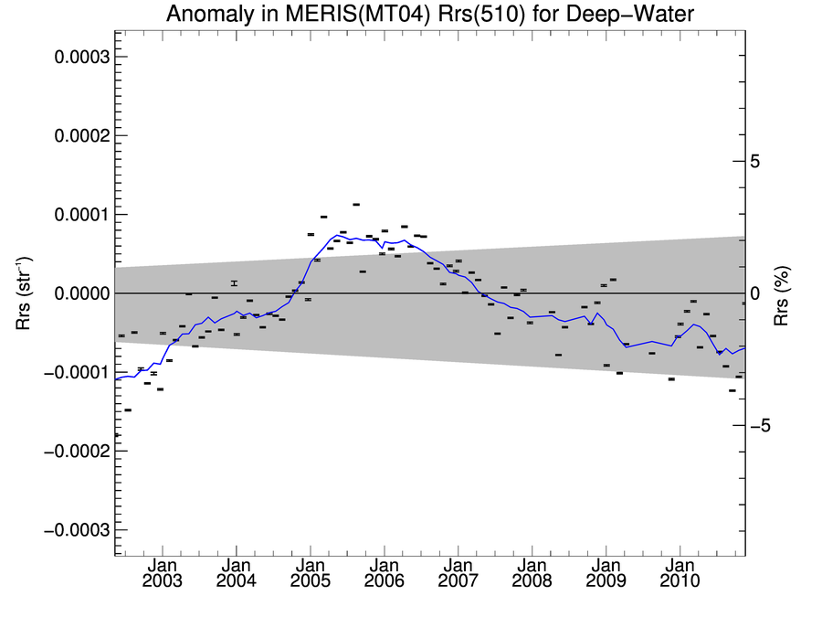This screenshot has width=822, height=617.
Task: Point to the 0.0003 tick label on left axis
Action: point(82,57)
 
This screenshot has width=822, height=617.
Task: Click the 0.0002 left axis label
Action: point(82,135)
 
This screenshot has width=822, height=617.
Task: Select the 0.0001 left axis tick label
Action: point(82,215)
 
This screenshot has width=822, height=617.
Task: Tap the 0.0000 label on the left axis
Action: point(82,293)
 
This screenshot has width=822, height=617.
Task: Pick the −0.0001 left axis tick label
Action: point(78,372)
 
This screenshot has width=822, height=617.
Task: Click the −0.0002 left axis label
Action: point(78,452)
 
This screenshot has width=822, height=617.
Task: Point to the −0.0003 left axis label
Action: point(78,530)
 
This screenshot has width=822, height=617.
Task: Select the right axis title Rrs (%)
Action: point(783,293)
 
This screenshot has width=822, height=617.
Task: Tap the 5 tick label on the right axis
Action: point(754,162)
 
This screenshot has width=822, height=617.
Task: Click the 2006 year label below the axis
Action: point(384,581)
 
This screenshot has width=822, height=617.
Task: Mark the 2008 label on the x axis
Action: point(532,581)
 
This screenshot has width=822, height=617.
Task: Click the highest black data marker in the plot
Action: point(356,205)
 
